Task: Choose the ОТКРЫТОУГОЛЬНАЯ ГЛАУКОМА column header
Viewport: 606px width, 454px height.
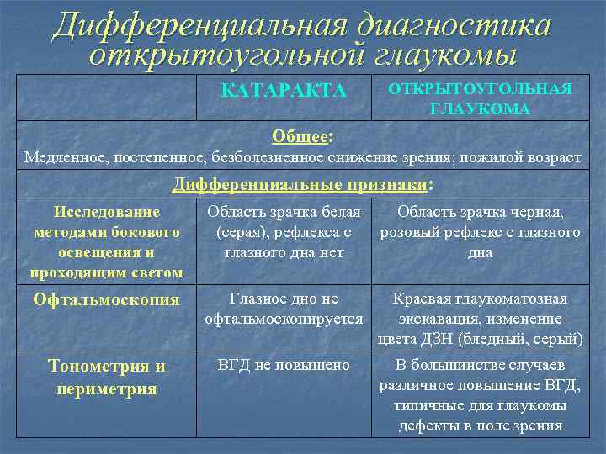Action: coord(480,99)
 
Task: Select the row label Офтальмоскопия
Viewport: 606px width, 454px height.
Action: coord(106,300)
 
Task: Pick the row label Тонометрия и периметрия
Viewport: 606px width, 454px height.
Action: coord(106,377)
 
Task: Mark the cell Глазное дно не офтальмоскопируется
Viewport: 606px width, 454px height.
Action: coord(284,309)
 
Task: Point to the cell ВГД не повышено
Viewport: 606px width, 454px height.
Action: coord(284,366)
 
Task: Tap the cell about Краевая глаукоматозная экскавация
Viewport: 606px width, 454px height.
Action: coord(480,319)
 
